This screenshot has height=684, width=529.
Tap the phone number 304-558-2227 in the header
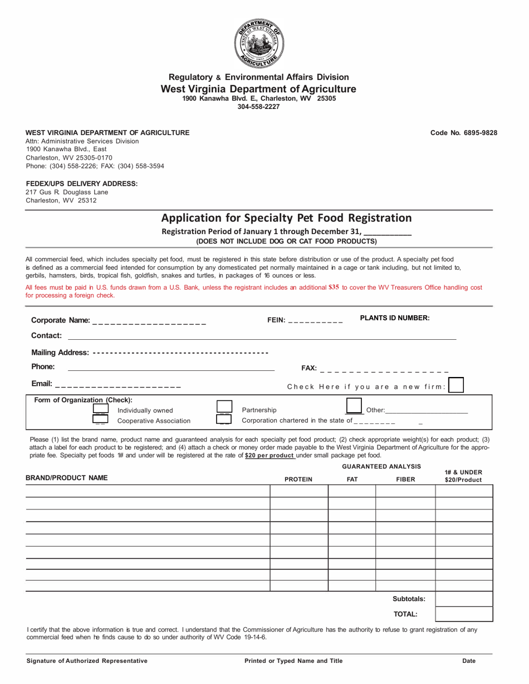tap(259, 106)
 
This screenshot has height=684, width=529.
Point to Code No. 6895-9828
tap(464, 133)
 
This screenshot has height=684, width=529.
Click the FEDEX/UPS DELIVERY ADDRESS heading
tap(82, 184)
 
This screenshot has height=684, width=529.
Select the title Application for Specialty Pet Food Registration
tap(286, 218)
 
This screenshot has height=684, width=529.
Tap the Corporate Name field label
tap(60, 320)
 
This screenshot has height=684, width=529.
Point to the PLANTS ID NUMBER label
tap(395, 318)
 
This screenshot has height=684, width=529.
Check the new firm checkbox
tap(456, 385)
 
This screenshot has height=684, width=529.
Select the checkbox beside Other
tap(354, 407)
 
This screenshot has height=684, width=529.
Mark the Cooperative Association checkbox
tap(101, 420)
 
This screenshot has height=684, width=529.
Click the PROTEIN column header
tap(298, 479)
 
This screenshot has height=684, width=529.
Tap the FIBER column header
tap(405, 479)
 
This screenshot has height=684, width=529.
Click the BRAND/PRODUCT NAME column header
tap(67, 478)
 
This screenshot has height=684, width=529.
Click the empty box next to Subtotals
tap(464, 599)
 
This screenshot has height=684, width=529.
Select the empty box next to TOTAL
tap(464, 614)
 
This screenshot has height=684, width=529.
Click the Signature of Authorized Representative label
tap(87, 661)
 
